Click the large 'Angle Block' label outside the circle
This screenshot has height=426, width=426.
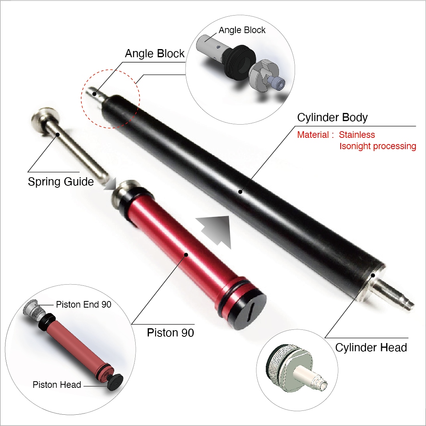pos(155,53)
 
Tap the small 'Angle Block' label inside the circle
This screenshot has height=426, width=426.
pos(242,30)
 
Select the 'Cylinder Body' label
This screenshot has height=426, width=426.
pos(332,117)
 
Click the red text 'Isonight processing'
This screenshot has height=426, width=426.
pos(378,146)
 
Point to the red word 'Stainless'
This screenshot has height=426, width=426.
pos(357,135)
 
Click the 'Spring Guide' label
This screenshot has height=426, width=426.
pos(61,181)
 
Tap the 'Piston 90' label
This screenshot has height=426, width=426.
pos(170,333)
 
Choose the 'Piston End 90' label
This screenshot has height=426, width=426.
pos(83,305)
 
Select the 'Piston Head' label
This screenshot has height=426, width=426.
pos(57,385)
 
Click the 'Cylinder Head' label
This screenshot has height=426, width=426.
pos(371,347)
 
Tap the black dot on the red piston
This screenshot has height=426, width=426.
pos(186,255)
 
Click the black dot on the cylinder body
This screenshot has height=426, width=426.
pos(240,192)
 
